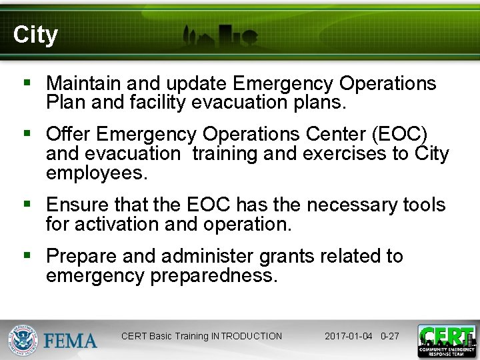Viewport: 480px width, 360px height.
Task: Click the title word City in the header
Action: pyautogui.click(x=35, y=35)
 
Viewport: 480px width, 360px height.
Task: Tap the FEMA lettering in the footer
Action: pyautogui.click(x=71, y=341)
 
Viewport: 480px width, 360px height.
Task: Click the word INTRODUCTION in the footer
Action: pyautogui.click(x=246, y=336)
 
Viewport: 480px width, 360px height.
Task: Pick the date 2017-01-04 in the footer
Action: pyautogui.click(x=348, y=336)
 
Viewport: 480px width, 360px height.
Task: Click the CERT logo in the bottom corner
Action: pyautogui.click(x=446, y=341)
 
